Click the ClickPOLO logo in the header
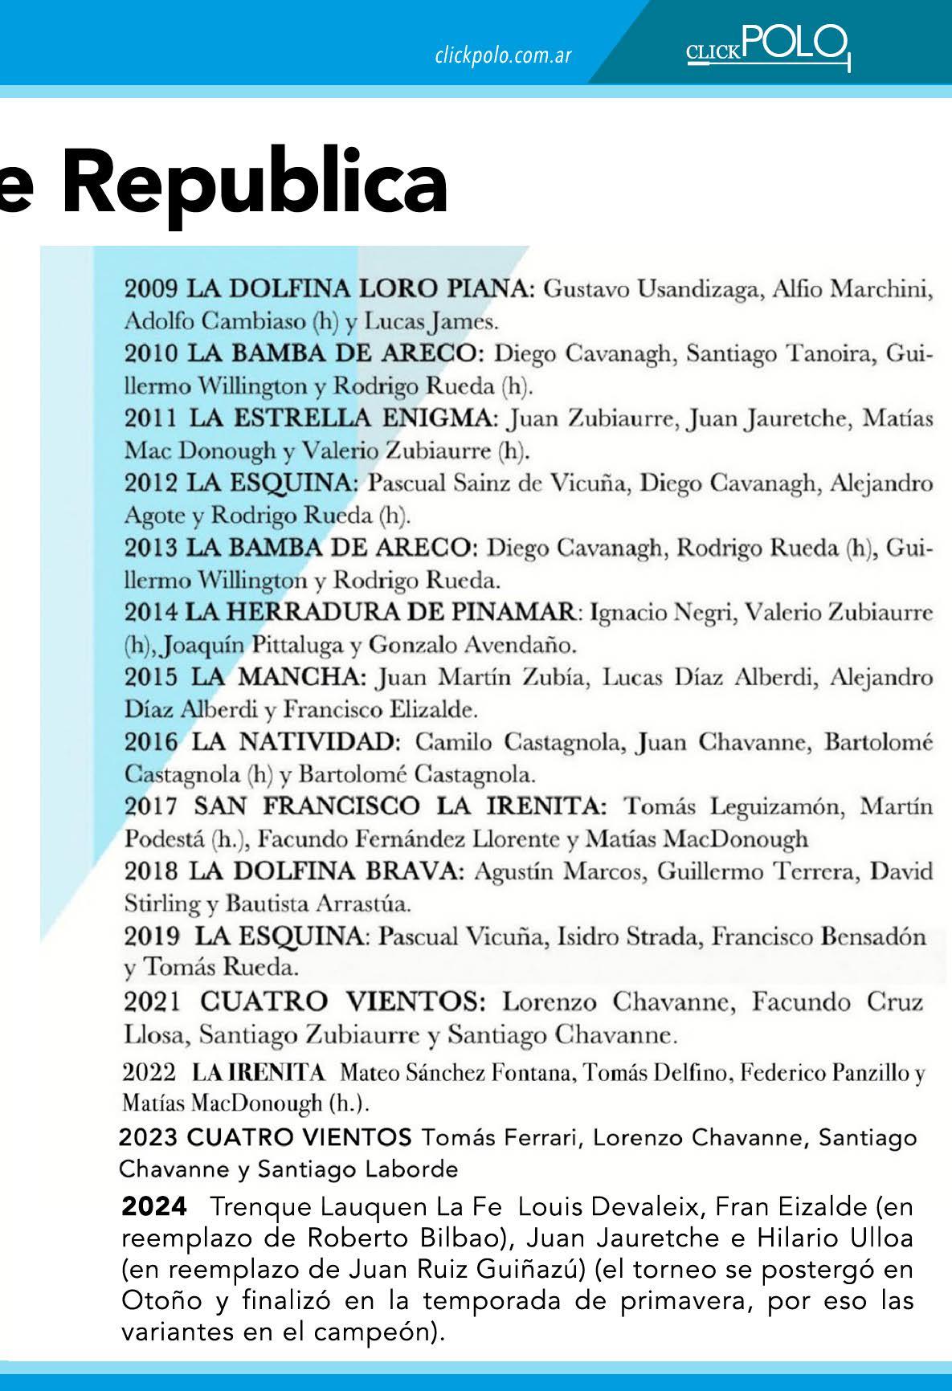(x=767, y=46)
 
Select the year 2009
(x=151, y=288)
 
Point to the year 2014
(x=151, y=613)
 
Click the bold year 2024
(x=154, y=1206)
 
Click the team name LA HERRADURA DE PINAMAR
(x=382, y=613)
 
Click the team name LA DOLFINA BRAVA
(x=325, y=871)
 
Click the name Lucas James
(x=431, y=322)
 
